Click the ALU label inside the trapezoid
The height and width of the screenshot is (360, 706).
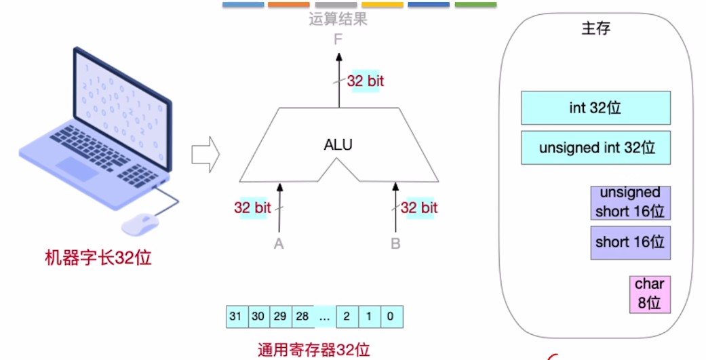(338, 144)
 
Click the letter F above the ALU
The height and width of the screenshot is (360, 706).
(338, 40)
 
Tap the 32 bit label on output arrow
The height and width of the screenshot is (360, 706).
(366, 81)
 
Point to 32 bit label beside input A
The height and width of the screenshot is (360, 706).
(252, 208)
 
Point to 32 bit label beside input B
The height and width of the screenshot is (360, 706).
(419, 208)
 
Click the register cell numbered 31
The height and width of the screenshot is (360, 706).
(235, 317)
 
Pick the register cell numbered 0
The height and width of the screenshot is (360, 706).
(391, 317)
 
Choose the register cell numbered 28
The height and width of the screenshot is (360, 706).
(302, 317)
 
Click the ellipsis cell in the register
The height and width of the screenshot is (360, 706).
(324, 317)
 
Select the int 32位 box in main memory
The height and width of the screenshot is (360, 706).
(595, 108)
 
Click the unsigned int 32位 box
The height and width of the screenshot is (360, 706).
(595, 147)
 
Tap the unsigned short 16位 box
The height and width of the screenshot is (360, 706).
(629, 203)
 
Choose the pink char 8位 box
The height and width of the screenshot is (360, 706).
(649, 294)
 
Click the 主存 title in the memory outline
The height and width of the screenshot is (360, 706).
(595, 29)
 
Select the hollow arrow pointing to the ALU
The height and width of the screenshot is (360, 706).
(205, 154)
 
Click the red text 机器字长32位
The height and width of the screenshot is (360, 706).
(98, 258)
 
